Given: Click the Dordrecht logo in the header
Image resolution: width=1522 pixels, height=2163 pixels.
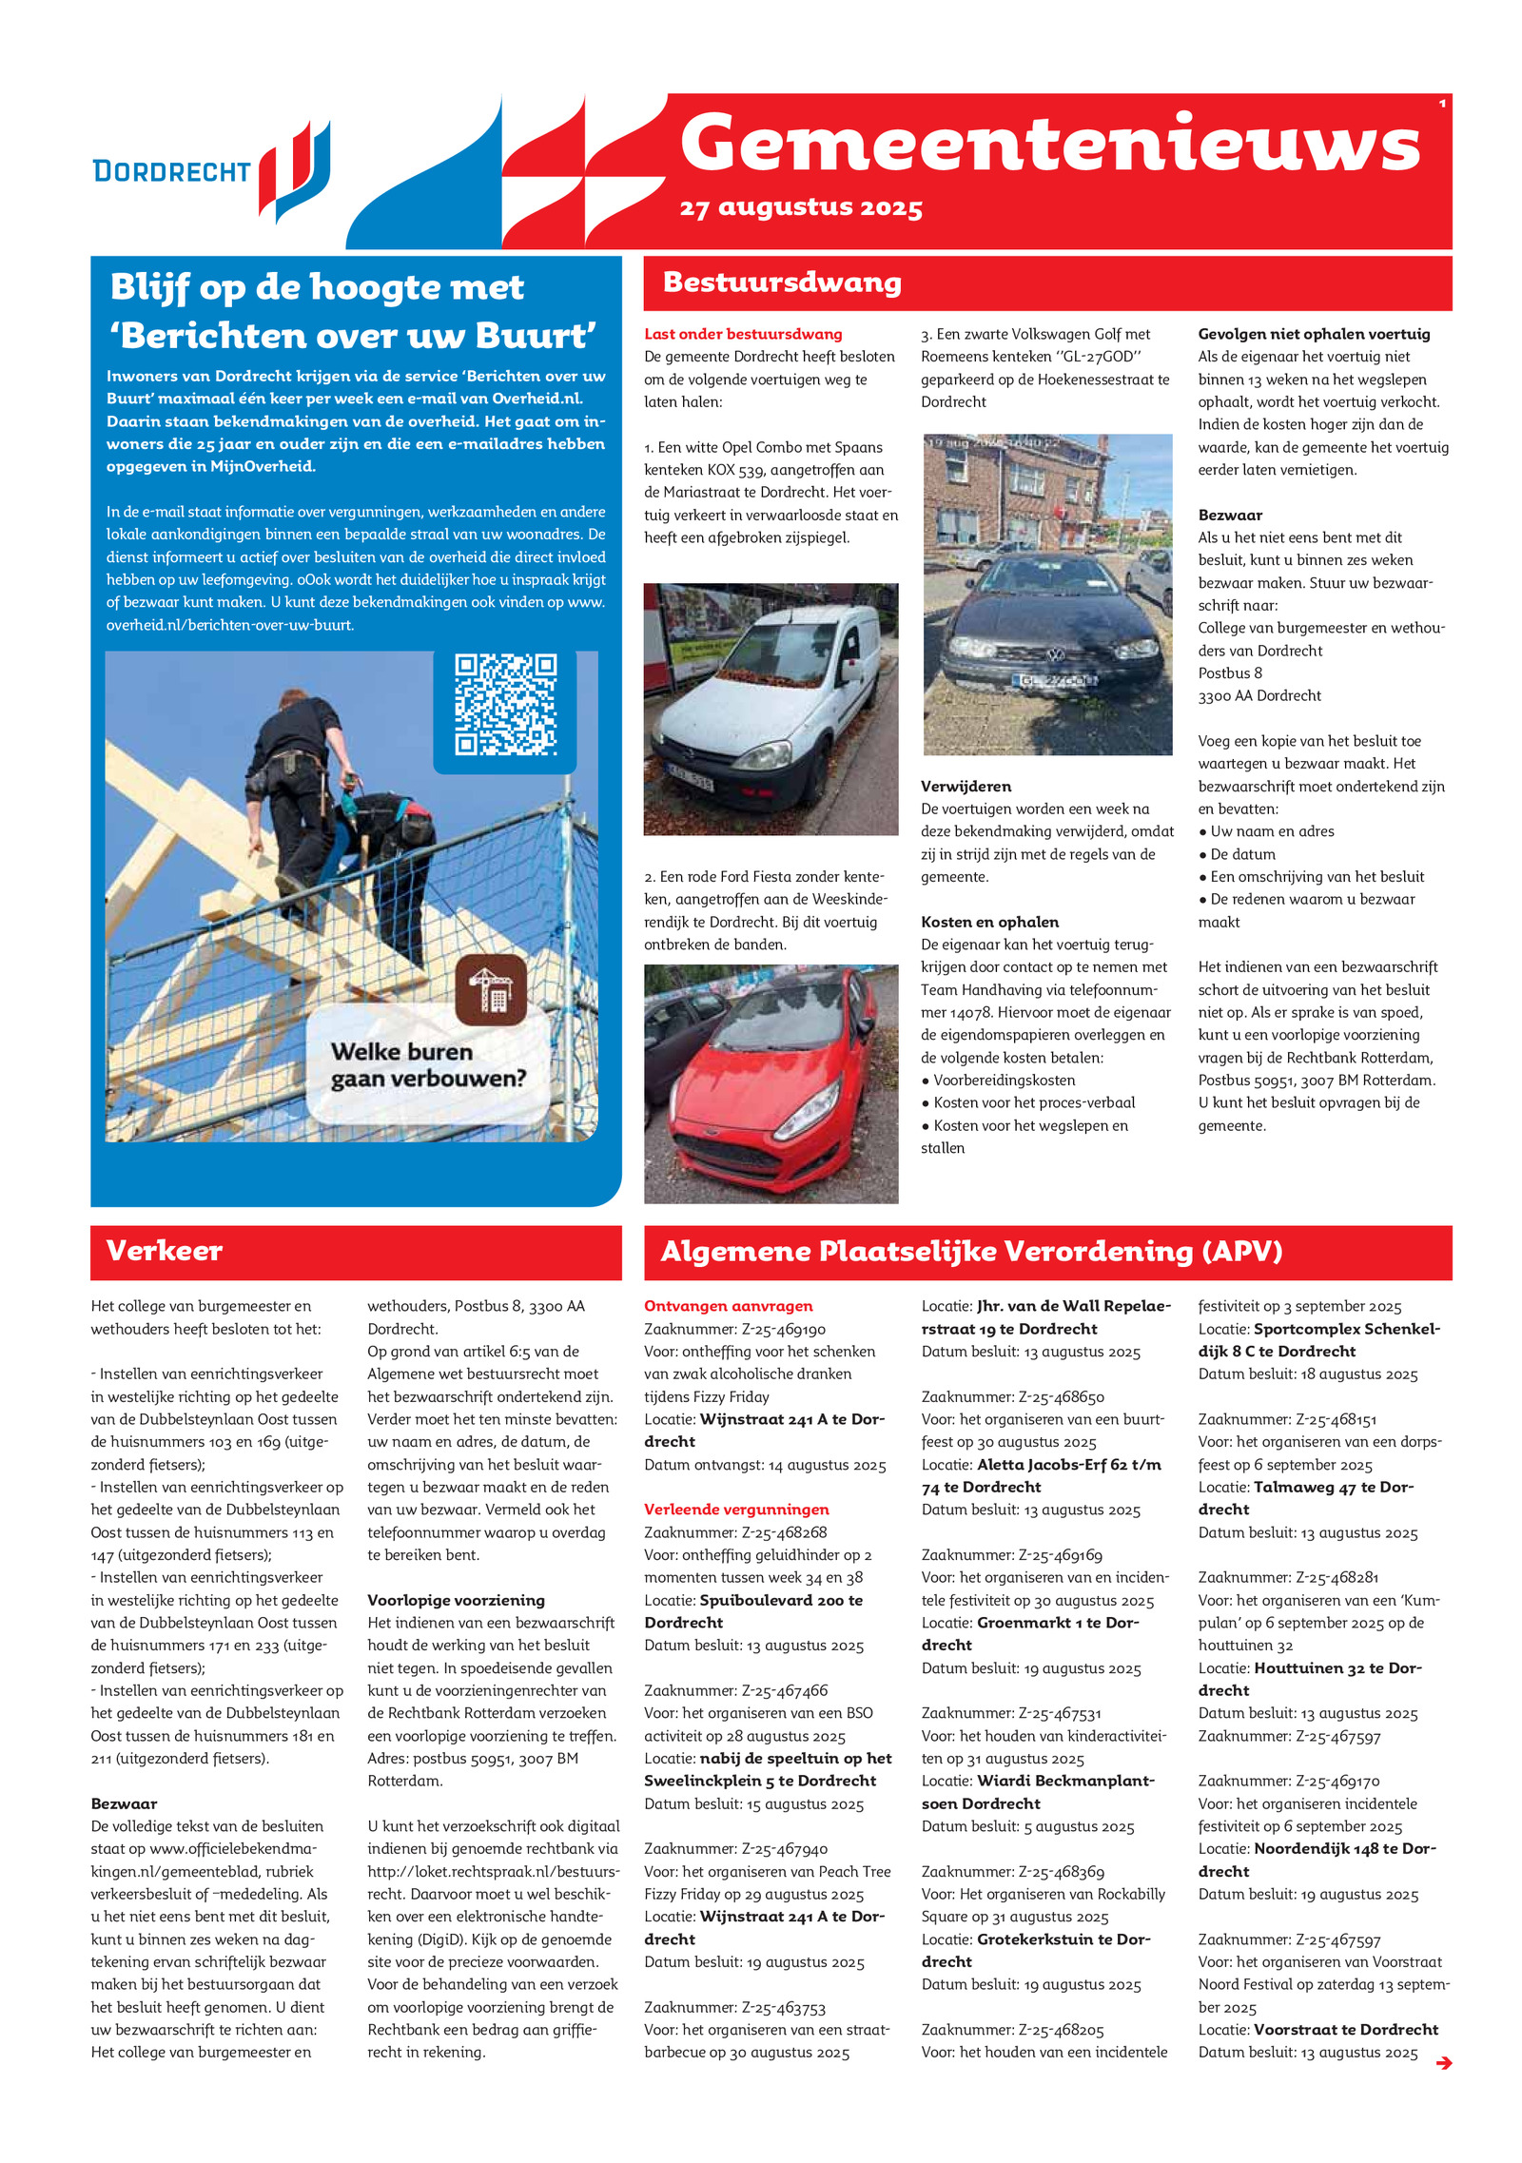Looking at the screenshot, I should pos(211,171).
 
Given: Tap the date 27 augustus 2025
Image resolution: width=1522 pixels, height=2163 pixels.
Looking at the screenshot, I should pos(800,207).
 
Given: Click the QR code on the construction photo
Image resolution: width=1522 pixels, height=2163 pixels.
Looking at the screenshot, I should pos(505,704).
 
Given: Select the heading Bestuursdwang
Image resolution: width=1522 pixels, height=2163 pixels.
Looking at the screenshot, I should pos(782,283).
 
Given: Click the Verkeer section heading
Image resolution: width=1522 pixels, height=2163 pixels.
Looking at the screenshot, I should pos(165,1250).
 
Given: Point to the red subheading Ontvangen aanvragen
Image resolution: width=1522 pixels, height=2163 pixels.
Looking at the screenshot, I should pos(728,1306).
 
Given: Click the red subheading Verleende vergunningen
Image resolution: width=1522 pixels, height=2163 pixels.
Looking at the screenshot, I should pos(736,1509).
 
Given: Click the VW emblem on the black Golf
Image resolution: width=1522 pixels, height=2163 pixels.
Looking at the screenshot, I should pos(1055,654).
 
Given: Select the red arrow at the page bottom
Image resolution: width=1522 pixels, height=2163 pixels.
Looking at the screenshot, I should pos(1443,2062).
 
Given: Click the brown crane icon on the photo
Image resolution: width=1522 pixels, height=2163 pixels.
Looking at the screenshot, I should pos(490,989).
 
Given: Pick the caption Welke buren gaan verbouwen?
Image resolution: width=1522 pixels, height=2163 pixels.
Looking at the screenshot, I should pos(428,1064).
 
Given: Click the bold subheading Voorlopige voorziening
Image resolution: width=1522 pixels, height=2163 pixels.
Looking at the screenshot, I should pos(456,1600).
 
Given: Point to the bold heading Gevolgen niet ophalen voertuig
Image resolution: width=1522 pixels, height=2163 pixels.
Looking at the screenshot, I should pos(1313,334).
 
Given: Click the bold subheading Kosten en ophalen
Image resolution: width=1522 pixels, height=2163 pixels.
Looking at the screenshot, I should pos(989,922).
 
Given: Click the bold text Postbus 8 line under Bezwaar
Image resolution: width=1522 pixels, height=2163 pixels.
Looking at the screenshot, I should pos(1229,672).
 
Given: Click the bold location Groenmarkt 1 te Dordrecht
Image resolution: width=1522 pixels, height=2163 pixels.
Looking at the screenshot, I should pos(1057,1623).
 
